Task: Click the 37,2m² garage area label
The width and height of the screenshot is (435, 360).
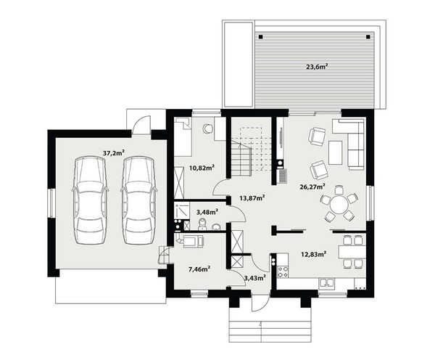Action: [114, 152]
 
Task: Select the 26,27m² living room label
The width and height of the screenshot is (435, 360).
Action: [312, 187]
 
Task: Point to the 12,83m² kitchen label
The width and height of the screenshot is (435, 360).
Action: [313, 254]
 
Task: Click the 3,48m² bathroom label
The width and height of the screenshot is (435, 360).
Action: [207, 212]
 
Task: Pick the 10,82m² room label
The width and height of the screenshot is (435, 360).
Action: [202, 168]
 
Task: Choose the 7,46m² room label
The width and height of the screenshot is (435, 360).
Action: [199, 269]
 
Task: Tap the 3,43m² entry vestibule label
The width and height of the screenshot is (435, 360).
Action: [255, 277]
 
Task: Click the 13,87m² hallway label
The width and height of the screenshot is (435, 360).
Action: [252, 197]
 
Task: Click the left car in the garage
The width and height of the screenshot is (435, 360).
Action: [91, 200]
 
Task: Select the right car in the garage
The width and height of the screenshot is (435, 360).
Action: [138, 200]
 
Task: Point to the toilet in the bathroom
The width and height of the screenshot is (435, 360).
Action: [203, 224]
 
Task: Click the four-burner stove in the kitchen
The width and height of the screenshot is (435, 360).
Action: [283, 271]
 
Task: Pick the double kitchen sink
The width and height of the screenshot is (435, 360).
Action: [326, 283]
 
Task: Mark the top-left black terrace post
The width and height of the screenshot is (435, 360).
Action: [260, 37]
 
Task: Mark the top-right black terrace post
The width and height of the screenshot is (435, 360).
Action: [368, 37]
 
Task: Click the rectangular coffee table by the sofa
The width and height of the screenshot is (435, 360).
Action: [336, 152]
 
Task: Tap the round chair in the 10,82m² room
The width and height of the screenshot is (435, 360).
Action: [207, 128]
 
